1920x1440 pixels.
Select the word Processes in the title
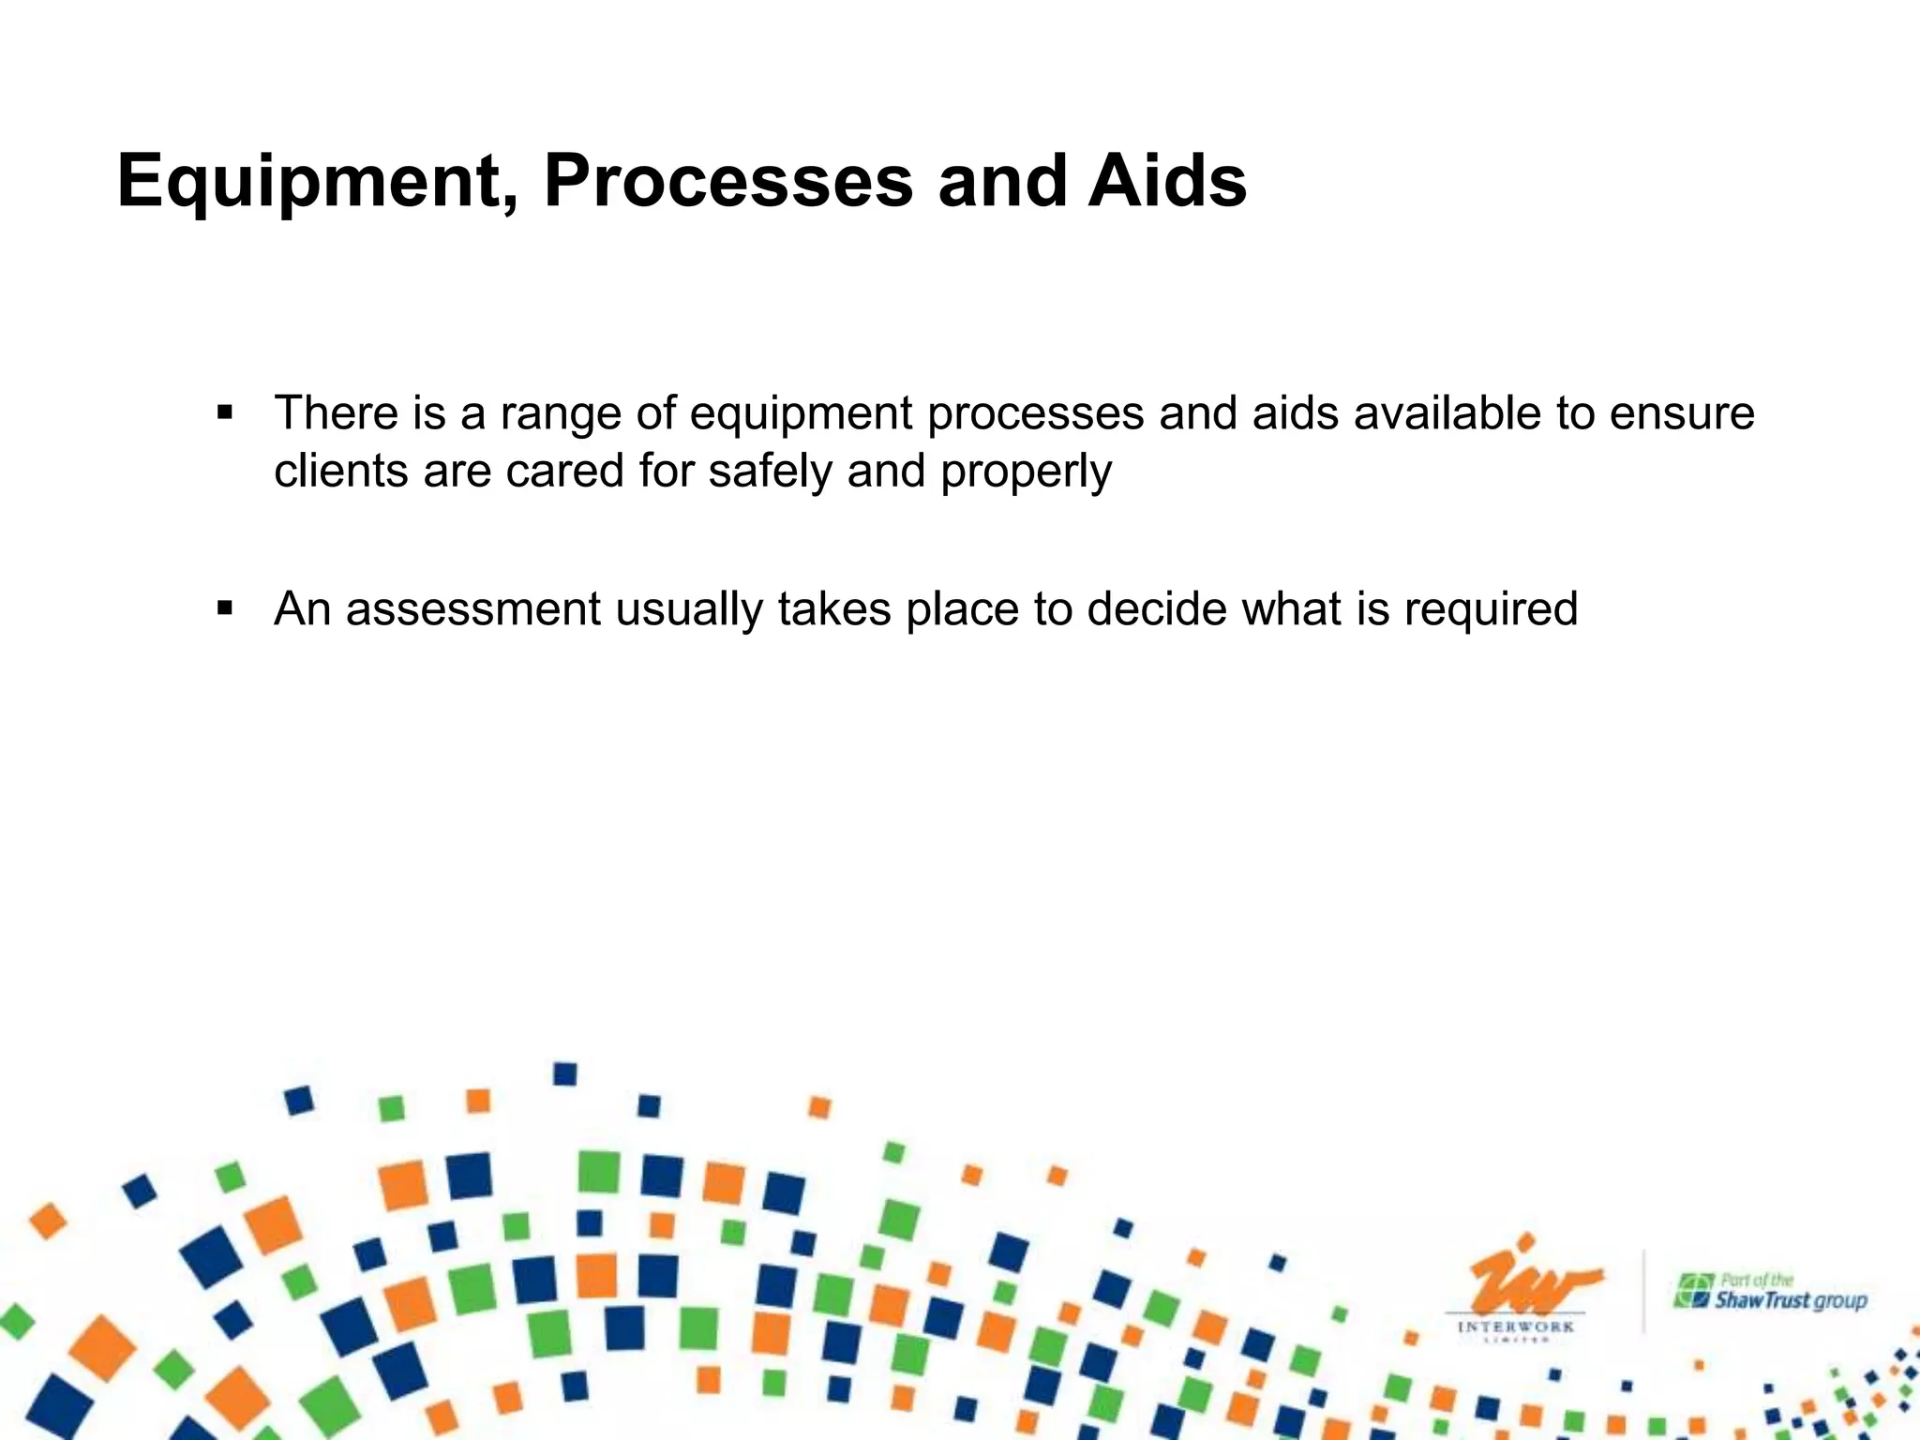click(x=727, y=180)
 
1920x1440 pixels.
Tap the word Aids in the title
click(x=1167, y=180)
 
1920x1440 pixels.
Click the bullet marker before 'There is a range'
click(x=224, y=412)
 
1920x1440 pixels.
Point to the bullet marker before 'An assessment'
click(x=224, y=608)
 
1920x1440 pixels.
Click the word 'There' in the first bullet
click(x=334, y=413)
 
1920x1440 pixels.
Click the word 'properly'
click(x=1026, y=472)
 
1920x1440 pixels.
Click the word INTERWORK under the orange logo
click(x=1516, y=1327)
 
